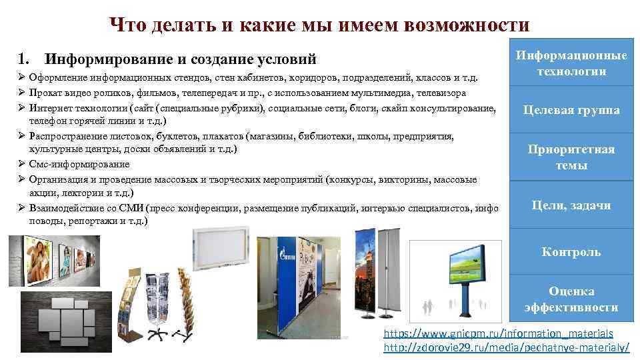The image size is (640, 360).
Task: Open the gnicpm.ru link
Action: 499,333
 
